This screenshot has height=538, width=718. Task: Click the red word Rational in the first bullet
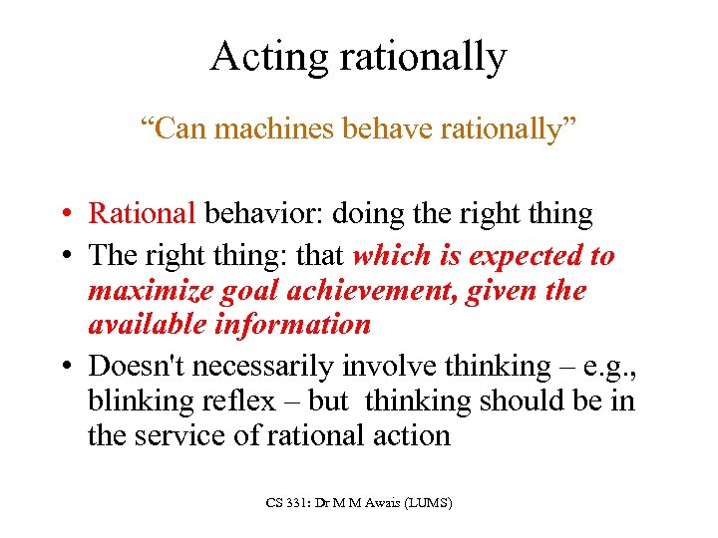click(143, 213)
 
